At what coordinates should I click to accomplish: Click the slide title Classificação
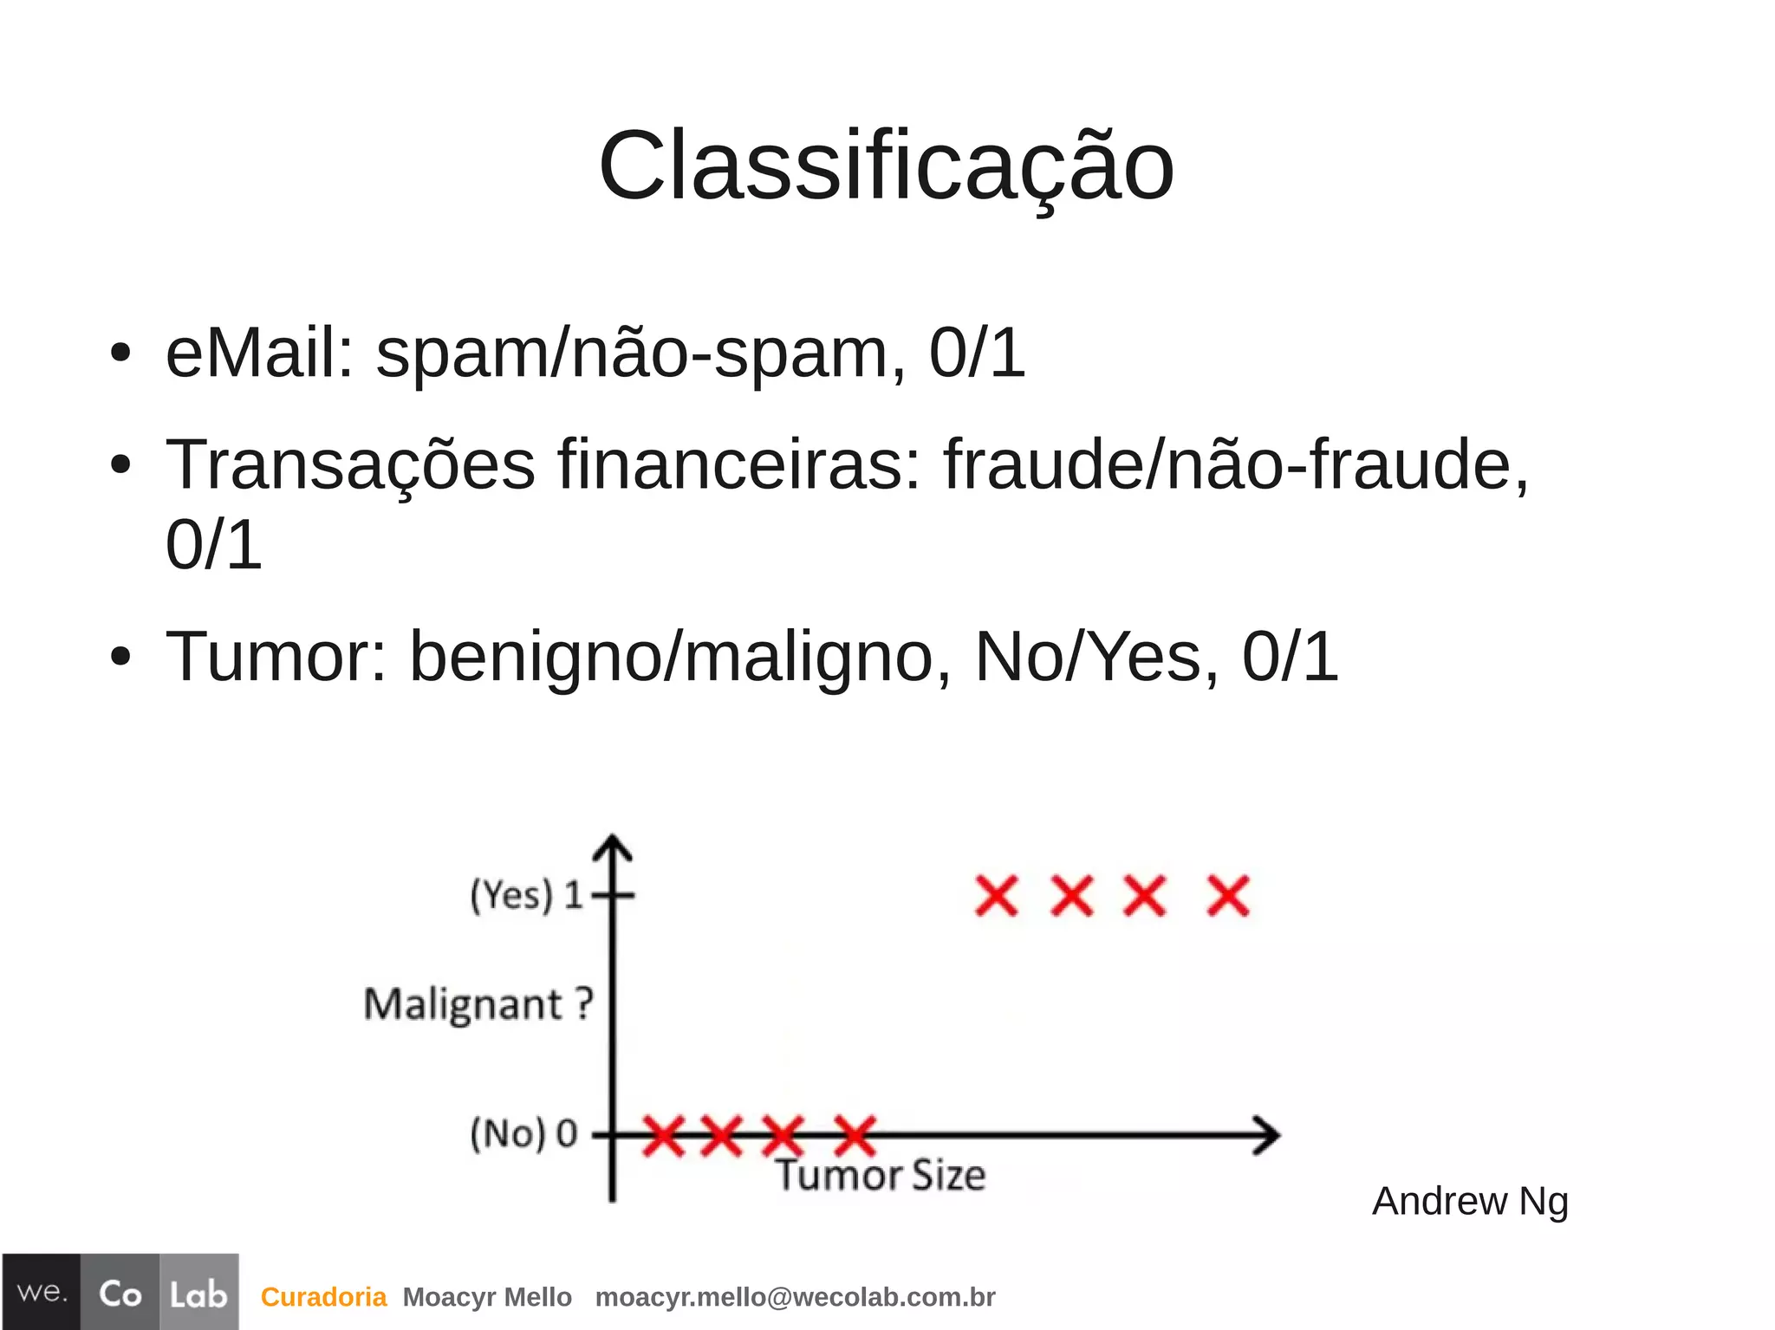pos(886,166)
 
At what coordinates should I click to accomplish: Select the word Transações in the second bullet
pos(350,466)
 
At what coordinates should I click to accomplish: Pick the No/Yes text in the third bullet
pos(1089,657)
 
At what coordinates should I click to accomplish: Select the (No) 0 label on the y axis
pos(523,1133)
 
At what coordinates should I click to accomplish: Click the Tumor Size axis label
pos(880,1176)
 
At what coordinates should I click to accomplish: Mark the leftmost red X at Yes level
pos(997,896)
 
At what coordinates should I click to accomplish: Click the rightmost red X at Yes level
pos(1228,896)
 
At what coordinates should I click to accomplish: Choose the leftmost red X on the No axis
pos(664,1135)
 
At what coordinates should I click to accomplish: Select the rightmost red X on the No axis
pos(855,1135)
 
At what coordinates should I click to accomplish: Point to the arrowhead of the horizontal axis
pos(1269,1135)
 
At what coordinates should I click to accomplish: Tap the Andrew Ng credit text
pos(1470,1202)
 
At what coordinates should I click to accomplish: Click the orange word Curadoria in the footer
pos(323,1297)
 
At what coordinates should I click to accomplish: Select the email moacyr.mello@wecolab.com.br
pos(795,1297)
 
